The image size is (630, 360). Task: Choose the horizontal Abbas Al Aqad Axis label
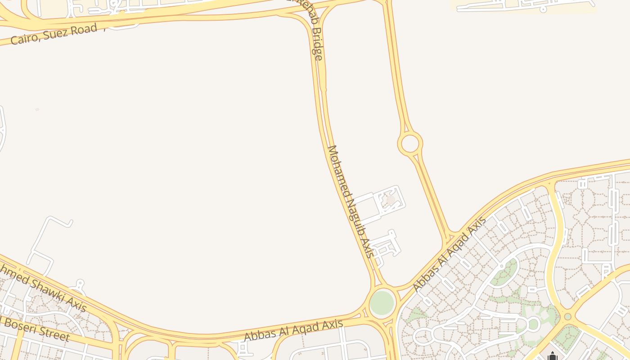click(293, 330)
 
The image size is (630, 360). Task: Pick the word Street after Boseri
click(54, 334)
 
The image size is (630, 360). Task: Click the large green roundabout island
click(382, 303)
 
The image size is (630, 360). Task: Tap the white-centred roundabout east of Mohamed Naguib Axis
click(409, 144)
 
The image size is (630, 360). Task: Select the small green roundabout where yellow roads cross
click(567, 316)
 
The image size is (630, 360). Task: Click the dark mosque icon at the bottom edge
click(553, 356)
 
